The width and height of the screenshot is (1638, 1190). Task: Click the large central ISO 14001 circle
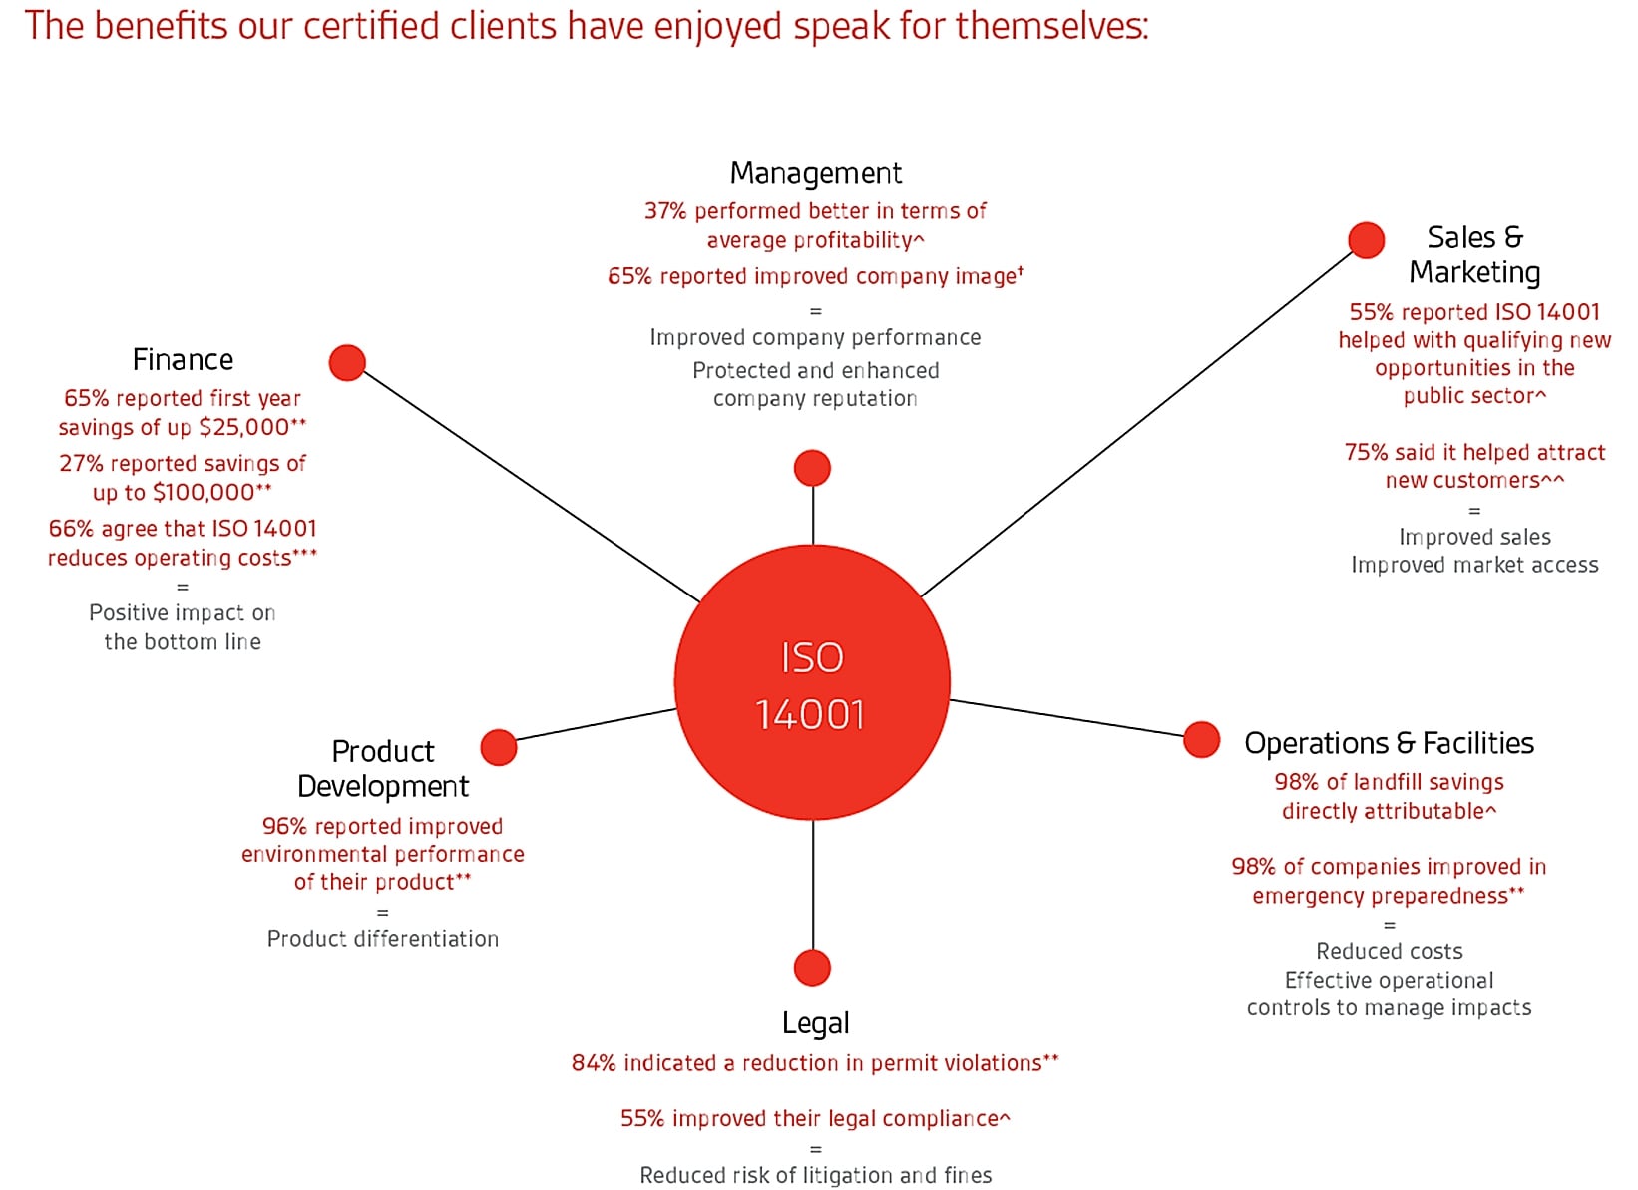click(x=812, y=683)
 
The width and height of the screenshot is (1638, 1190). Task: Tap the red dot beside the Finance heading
click(x=347, y=362)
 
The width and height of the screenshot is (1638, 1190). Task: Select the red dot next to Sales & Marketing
click(x=1366, y=239)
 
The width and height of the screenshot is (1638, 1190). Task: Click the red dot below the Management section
click(x=812, y=468)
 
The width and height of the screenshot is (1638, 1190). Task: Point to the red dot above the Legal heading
click(x=812, y=968)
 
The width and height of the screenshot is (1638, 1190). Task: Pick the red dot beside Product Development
click(x=498, y=747)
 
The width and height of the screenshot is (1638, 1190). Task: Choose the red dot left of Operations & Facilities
click(x=1201, y=739)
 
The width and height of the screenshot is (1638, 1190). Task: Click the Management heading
click(x=815, y=173)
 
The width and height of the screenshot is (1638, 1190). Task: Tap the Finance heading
click(x=183, y=359)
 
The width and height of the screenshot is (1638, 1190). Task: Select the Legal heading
click(x=815, y=1023)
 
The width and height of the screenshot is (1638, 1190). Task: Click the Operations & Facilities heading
click(x=1389, y=743)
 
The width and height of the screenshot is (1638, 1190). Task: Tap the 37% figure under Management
click(x=665, y=211)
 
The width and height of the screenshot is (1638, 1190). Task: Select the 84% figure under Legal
click(x=594, y=1063)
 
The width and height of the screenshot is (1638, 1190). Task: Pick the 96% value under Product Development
click(x=284, y=826)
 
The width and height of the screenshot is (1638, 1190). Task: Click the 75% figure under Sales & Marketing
click(x=1366, y=453)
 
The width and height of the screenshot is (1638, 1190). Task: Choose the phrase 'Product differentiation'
click(x=382, y=939)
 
